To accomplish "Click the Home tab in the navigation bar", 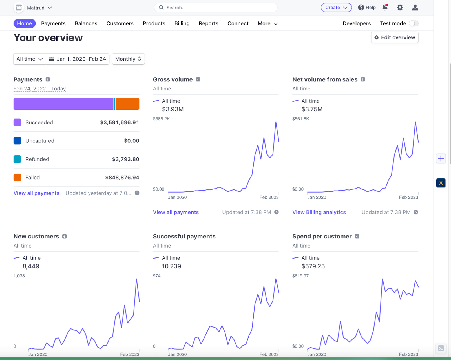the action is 24,23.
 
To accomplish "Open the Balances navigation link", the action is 86,23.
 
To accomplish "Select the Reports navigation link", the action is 208,23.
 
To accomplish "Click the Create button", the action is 336,8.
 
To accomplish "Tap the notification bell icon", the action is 385,8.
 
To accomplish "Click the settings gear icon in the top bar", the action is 400,8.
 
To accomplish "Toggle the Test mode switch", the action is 414,23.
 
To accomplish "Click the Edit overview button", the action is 395,37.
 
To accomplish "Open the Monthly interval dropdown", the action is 128,59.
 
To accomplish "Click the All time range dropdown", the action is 30,59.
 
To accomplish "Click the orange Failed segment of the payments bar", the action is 127,103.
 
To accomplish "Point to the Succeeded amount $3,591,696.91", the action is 120,122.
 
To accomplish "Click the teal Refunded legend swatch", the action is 17,159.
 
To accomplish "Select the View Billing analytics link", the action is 319,212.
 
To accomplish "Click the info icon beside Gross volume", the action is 198,79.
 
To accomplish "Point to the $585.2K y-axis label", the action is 161,119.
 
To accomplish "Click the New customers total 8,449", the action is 31,266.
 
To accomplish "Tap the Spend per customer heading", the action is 322,236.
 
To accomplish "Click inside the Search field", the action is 216,8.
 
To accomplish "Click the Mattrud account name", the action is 36,8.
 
